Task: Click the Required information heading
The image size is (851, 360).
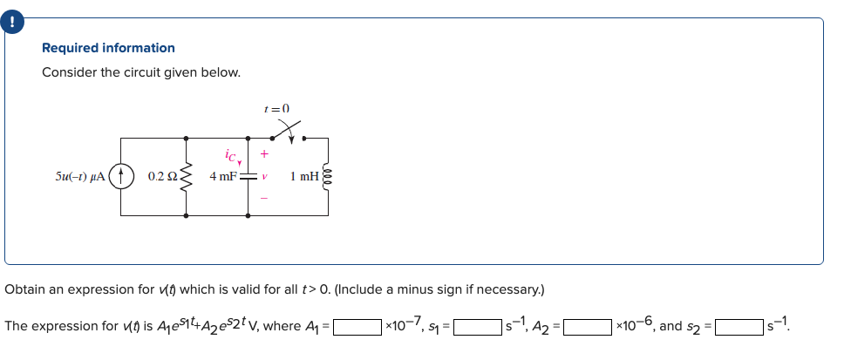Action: tap(108, 48)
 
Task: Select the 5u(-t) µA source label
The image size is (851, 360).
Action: tap(80, 176)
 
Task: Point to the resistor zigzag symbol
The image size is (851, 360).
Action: tap(185, 175)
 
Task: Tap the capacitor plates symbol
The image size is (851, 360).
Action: tap(248, 176)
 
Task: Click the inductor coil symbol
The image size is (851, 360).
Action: tap(327, 176)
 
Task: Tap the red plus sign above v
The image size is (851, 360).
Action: tap(263, 154)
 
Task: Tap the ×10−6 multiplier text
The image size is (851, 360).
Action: tap(634, 326)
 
